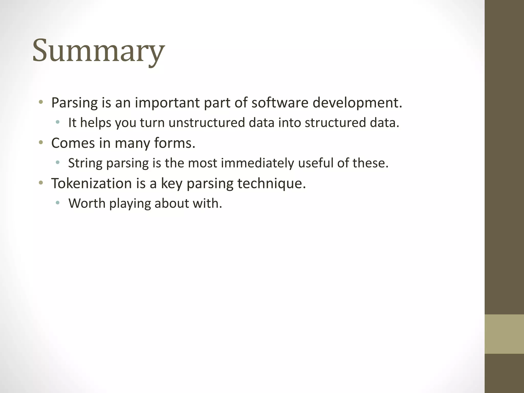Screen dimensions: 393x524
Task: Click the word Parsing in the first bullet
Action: (74, 103)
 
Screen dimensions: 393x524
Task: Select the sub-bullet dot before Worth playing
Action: (58, 203)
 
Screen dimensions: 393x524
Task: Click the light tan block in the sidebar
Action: (504, 334)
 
